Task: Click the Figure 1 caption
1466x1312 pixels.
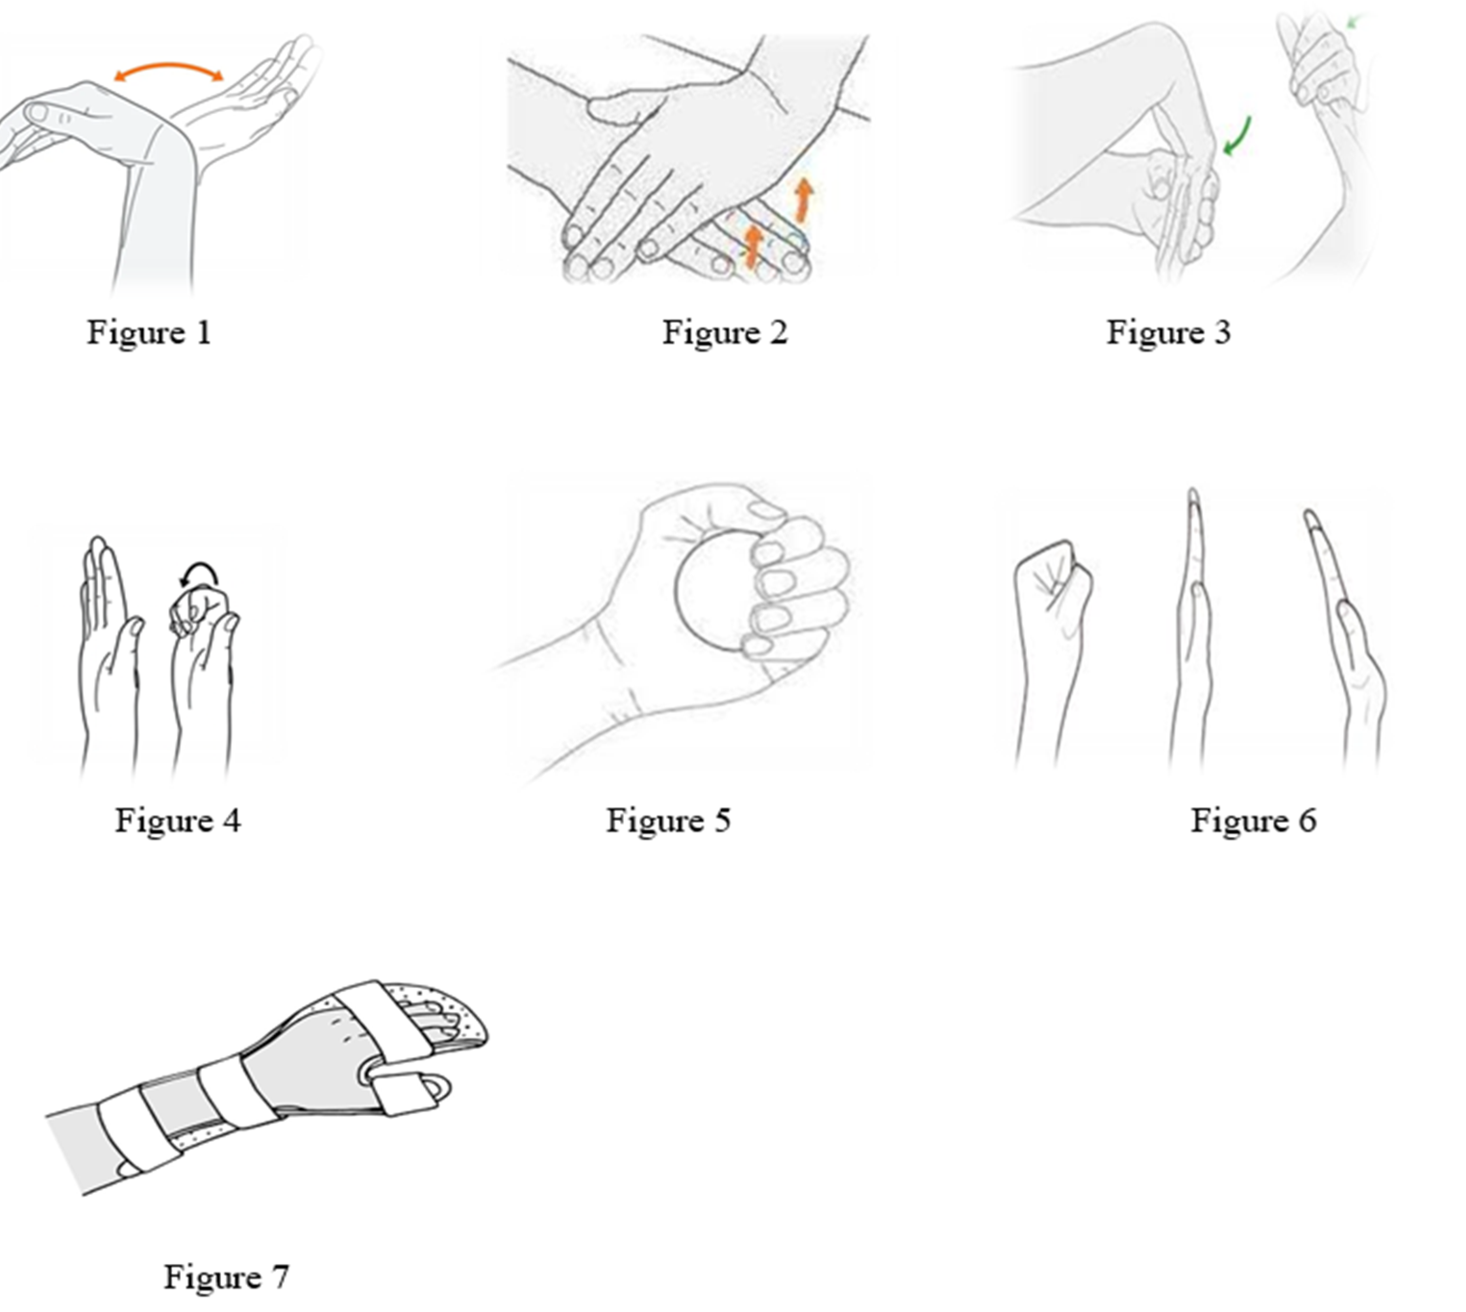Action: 149,332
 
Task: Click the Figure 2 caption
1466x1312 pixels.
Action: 725,332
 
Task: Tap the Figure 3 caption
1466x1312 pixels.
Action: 1168,332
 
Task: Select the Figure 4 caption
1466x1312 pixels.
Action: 178,820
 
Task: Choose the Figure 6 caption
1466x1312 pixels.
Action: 1254,820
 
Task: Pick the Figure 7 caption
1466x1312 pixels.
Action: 226,1277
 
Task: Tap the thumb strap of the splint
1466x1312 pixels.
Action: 407,1093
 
